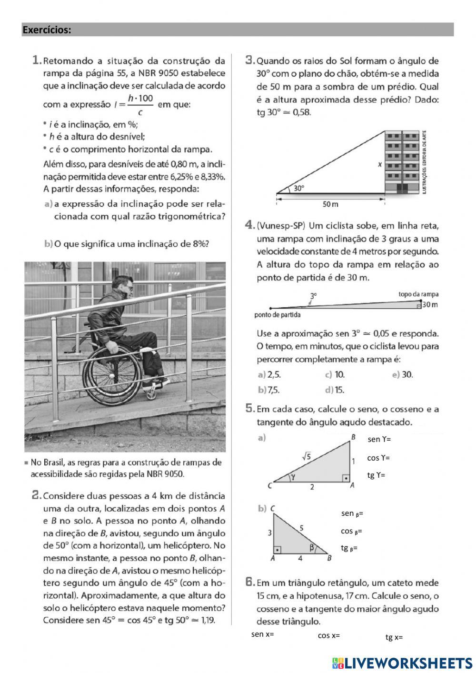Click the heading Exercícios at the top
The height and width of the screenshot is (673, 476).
[47, 30]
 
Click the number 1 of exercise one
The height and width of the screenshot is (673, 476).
[36, 60]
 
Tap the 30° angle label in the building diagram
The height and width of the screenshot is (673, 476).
[298, 188]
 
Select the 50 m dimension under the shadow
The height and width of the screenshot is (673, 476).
[330, 204]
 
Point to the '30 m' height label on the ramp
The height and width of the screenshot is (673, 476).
[430, 305]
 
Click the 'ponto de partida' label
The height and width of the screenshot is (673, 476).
[278, 315]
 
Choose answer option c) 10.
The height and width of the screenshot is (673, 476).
[335, 374]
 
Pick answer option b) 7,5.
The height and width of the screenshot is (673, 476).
[268, 390]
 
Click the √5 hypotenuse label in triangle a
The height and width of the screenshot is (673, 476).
[307, 456]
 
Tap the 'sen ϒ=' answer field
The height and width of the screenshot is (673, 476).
[379, 439]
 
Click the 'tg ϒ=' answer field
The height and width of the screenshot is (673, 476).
[376, 475]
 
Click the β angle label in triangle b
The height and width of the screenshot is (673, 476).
[312, 548]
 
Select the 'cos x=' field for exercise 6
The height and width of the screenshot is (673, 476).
[329, 635]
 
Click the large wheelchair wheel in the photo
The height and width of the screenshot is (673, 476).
[112, 376]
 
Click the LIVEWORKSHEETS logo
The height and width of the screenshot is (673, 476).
[402, 663]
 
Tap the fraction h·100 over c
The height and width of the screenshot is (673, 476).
[140, 104]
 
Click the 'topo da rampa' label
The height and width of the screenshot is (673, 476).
[418, 294]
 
